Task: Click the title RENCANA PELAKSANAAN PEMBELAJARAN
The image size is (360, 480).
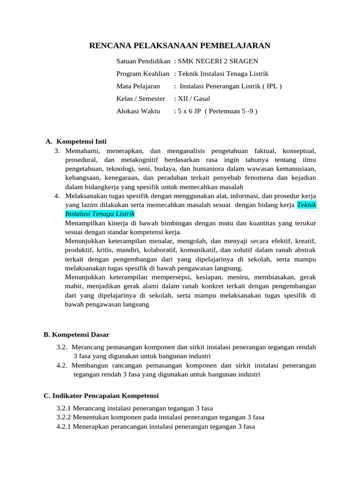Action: point(180,45)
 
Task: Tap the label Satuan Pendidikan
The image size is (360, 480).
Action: point(143,61)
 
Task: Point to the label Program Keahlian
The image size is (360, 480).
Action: point(142,74)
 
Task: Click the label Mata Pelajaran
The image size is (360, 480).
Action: point(138,86)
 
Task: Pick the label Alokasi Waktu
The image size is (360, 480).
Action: point(138,111)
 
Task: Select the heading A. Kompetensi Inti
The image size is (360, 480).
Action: point(76,142)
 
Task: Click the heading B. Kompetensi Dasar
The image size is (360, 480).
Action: point(76,335)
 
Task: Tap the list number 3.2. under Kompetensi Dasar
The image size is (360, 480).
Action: point(62,347)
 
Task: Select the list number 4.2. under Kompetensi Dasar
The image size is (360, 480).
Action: point(62,365)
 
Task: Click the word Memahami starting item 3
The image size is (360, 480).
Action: point(79,151)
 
